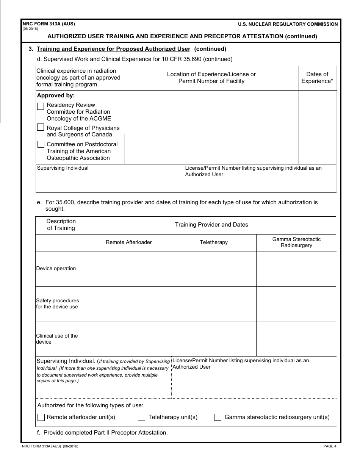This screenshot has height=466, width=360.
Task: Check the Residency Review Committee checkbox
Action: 41,106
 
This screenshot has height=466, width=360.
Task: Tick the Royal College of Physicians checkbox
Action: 41,127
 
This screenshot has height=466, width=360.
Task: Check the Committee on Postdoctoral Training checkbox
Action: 41,144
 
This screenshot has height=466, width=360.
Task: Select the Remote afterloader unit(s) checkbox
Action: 41,417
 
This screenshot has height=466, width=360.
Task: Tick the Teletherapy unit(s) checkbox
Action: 141,417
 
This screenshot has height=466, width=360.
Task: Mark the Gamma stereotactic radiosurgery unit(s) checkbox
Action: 218,417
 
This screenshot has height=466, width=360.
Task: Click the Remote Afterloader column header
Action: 128,242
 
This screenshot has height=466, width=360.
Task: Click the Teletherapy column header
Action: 213,242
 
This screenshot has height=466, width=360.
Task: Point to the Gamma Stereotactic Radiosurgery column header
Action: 296,242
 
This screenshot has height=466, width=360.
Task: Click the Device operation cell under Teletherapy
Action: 213,269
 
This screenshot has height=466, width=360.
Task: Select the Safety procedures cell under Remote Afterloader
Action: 128,304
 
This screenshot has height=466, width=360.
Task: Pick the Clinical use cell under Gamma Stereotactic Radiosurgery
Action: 296,339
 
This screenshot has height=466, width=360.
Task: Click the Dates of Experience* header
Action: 317,78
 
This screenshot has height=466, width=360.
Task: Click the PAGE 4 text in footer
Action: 330,446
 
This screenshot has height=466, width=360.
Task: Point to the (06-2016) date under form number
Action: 30,29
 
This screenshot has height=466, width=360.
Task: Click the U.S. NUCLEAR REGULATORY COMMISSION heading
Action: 288,24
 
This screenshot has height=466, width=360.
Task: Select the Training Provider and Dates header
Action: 211,225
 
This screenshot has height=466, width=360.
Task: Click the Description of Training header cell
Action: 61,225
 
